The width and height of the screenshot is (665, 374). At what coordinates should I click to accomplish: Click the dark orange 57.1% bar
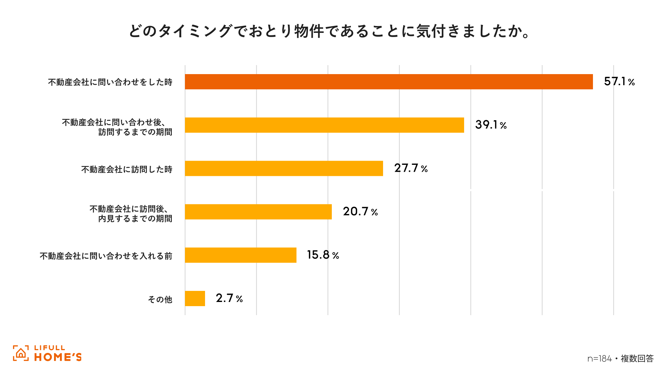point(389,82)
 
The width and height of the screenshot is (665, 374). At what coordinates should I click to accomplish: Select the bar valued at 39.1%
point(324,125)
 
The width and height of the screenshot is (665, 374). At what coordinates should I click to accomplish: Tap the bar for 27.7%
point(284,168)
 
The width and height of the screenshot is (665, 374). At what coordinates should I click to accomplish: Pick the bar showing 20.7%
point(258,212)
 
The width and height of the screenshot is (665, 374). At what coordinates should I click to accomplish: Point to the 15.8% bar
point(240,255)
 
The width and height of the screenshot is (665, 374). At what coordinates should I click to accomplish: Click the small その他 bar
point(195,299)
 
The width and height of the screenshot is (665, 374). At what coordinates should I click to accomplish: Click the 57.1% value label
point(619,82)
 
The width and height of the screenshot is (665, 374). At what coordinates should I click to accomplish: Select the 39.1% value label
point(490,125)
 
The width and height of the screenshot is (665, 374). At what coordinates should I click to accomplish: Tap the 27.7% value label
point(411,168)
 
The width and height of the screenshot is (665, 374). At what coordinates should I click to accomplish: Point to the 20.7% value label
point(360,212)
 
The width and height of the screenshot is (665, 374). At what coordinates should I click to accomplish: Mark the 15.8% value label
point(323,255)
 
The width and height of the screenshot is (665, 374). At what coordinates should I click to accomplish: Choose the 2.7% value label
point(229,299)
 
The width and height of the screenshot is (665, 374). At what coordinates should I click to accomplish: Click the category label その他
point(160,299)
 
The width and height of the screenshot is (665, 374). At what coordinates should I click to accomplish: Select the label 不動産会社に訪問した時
point(127,169)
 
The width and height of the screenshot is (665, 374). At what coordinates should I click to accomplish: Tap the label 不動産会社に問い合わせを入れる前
point(106,256)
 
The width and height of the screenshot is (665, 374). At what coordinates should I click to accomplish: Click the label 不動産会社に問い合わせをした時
point(110,82)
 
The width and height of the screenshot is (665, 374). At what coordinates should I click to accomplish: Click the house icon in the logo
point(21,353)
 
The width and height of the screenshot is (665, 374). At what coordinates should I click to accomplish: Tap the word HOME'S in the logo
point(58,357)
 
